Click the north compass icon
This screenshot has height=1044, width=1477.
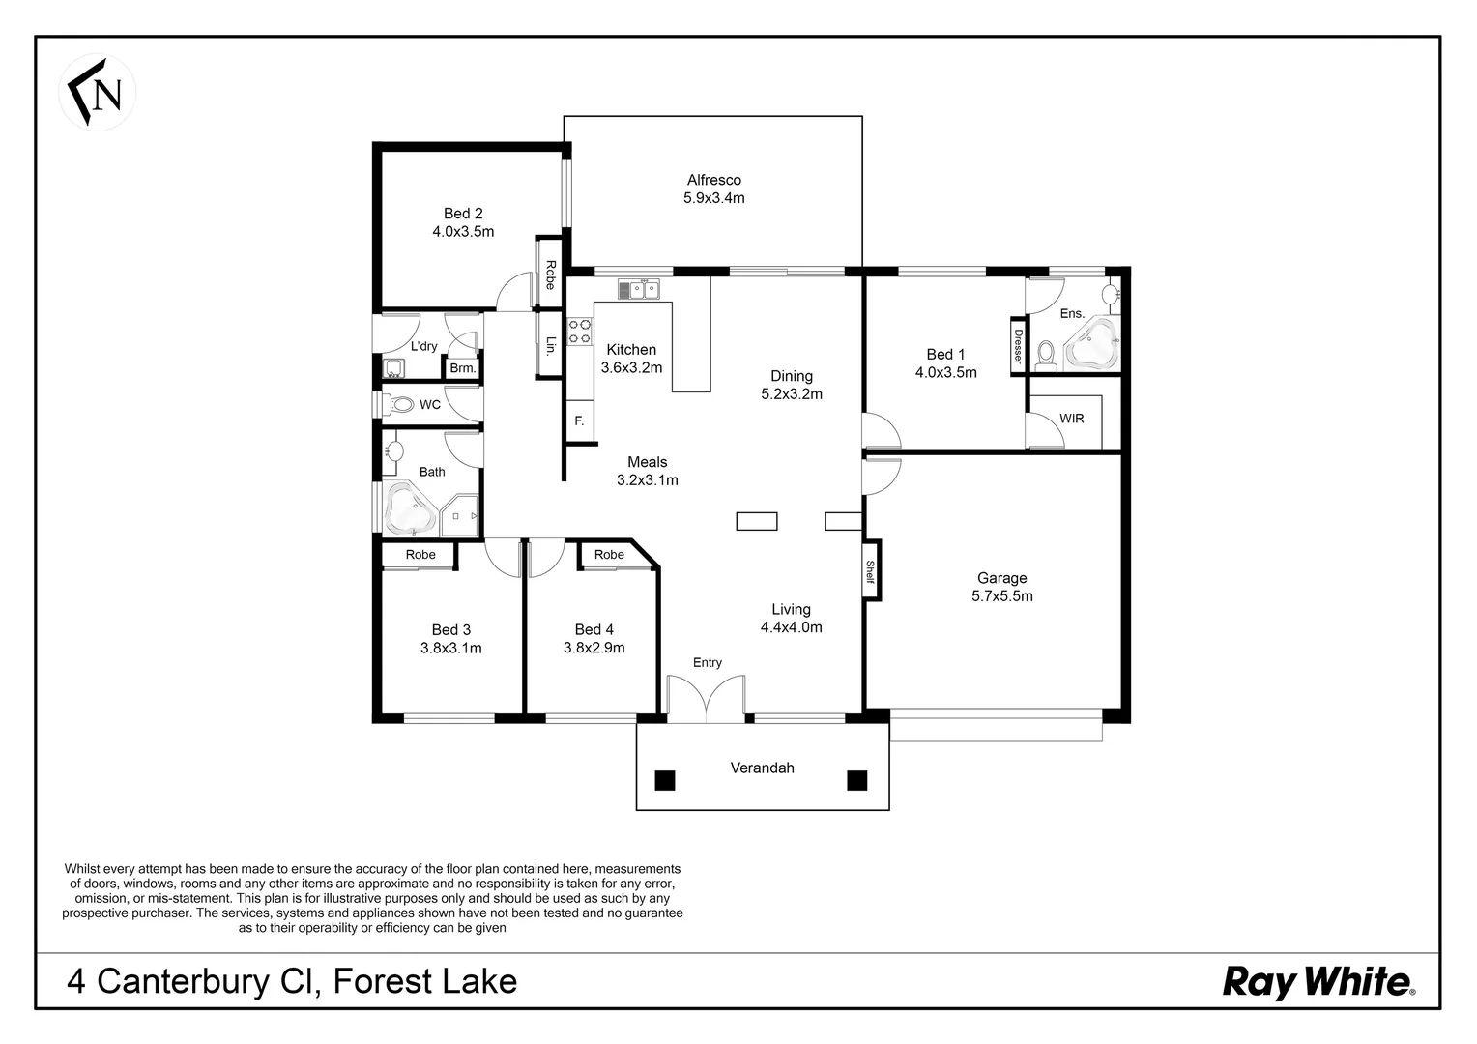[98, 93]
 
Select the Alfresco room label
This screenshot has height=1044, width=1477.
[713, 180]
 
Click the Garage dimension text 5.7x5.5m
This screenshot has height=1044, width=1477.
[1001, 596]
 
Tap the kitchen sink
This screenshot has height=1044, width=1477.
[638, 288]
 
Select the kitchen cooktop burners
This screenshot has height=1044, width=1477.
[580, 332]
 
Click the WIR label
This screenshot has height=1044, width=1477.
[1071, 419]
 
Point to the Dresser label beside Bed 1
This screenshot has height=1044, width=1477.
[1018, 345]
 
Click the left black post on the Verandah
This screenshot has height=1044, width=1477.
[664, 780]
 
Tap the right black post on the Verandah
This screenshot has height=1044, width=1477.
[856, 780]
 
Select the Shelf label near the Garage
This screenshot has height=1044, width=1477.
[870, 572]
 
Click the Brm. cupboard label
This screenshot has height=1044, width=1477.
[462, 368]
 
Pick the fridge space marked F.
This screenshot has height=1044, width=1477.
[579, 421]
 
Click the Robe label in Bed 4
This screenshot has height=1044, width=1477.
[609, 555]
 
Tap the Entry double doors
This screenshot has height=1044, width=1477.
[707, 698]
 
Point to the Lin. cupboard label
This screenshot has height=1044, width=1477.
[550, 345]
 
